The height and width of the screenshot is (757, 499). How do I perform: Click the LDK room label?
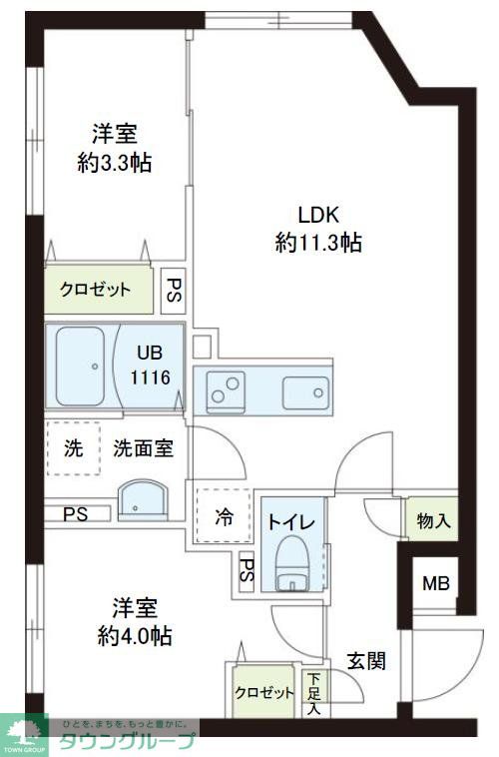point(318,213)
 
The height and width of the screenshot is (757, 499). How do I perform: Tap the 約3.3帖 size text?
point(115,164)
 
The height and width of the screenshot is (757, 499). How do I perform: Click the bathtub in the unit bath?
point(81,367)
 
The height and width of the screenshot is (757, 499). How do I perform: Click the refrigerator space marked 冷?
point(225,517)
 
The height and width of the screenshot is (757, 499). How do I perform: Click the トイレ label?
point(291,522)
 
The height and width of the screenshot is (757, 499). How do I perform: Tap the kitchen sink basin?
point(302,389)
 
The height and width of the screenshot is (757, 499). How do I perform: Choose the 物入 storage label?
point(433,520)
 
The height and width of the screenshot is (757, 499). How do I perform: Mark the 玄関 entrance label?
point(366,661)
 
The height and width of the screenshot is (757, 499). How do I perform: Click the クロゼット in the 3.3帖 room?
point(96,291)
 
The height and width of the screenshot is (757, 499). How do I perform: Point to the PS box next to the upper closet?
point(174,290)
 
